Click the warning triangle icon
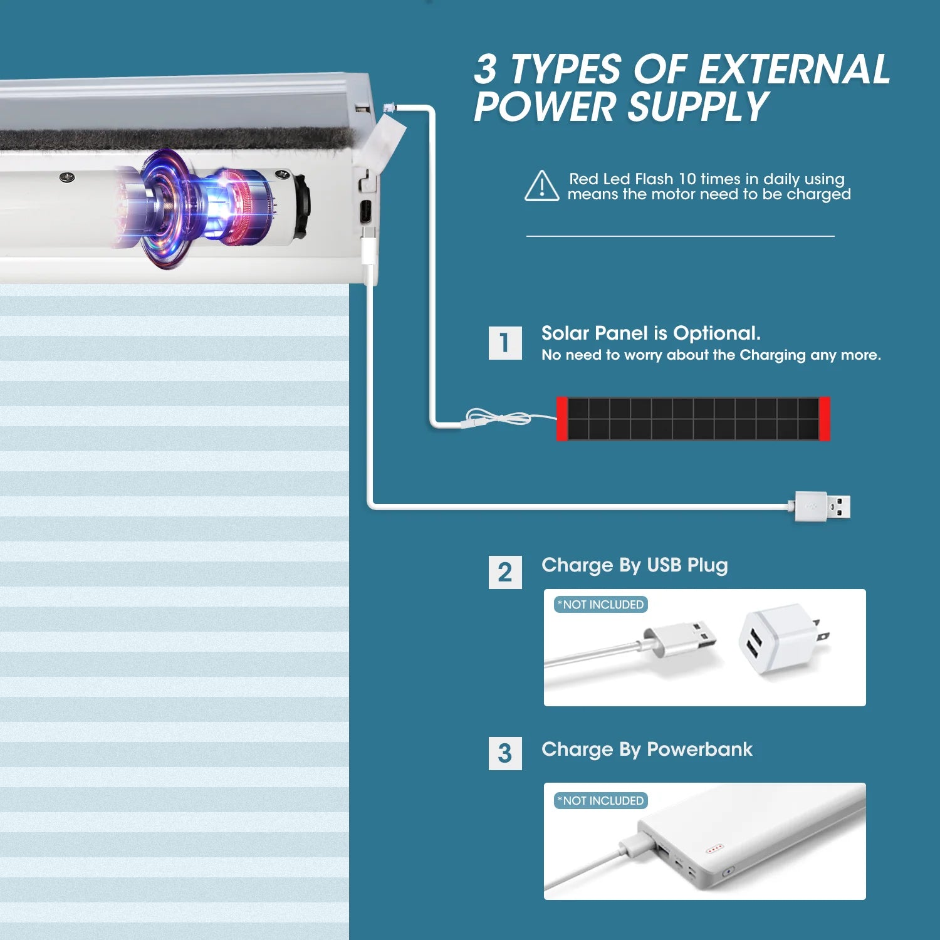pos(541,186)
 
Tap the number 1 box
pos(505,343)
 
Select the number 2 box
pos(505,572)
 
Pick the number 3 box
pos(505,753)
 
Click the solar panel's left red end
pos(562,419)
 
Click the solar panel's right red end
pos(825,419)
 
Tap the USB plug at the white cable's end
pos(823,506)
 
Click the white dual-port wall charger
pos(783,639)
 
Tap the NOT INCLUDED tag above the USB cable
pos(600,605)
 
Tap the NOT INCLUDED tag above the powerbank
pos(600,801)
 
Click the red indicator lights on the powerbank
pos(714,849)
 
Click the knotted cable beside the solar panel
pos(498,418)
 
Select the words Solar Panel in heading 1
pos(595,333)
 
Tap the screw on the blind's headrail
pos(68,178)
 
